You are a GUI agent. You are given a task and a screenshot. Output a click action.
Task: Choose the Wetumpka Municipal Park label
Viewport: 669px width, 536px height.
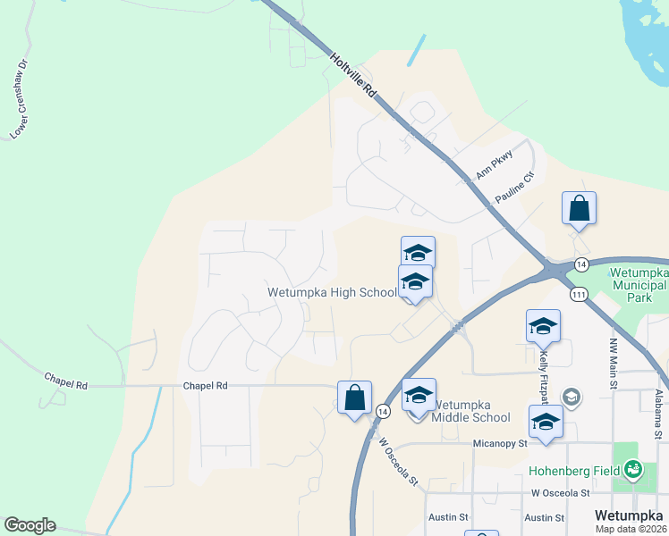click(638, 285)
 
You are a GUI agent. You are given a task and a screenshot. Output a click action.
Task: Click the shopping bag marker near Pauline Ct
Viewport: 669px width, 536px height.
click(579, 208)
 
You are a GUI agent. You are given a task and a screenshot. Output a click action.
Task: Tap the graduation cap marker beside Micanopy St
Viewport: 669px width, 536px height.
click(545, 421)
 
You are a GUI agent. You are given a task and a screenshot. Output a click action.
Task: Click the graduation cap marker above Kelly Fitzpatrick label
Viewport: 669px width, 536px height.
click(542, 326)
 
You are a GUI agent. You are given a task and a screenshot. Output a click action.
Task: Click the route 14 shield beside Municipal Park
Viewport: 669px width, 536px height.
click(581, 264)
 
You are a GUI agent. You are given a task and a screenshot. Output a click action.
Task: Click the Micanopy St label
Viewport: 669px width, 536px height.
click(501, 444)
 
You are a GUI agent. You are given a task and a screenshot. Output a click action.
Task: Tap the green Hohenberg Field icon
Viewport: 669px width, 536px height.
click(633, 467)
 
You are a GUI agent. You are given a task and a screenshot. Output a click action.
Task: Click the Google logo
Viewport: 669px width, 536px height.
click(30, 525)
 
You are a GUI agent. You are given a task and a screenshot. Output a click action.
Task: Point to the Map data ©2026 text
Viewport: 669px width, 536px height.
click(631, 529)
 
